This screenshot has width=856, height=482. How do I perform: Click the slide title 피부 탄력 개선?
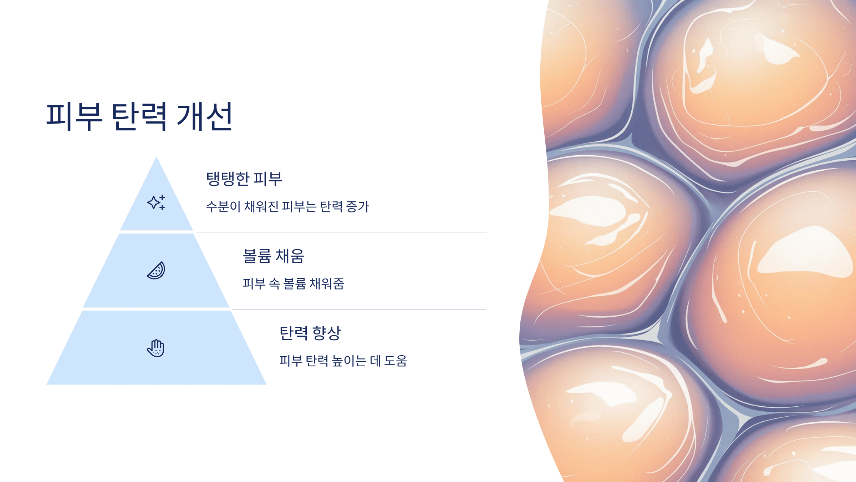point(139,116)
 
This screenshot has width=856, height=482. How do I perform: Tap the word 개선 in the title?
point(205,116)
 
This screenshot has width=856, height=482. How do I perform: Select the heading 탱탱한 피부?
point(244,179)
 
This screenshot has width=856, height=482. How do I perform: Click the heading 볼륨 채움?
point(273,256)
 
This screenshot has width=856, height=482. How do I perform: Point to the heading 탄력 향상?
point(310,333)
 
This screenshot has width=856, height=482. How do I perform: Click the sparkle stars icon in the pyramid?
point(156,202)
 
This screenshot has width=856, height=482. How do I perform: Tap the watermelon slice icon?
point(156,271)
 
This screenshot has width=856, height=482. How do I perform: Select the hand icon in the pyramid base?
point(156,348)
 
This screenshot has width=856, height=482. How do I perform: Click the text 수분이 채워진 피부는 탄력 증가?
point(287,206)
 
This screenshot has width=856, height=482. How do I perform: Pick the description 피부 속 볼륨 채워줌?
point(293,283)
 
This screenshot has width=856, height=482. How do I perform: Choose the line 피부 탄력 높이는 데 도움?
point(343,361)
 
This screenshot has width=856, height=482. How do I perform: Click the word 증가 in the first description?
point(358,206)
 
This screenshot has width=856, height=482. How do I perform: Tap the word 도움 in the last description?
point(396,361)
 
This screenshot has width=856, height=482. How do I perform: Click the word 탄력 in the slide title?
point(139,116)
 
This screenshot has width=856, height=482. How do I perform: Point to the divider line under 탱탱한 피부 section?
point(341,232)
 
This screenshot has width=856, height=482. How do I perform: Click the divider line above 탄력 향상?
point(359,309)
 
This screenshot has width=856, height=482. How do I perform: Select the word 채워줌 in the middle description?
point(327,283)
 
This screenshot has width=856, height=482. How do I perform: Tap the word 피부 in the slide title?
point(74,116)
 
